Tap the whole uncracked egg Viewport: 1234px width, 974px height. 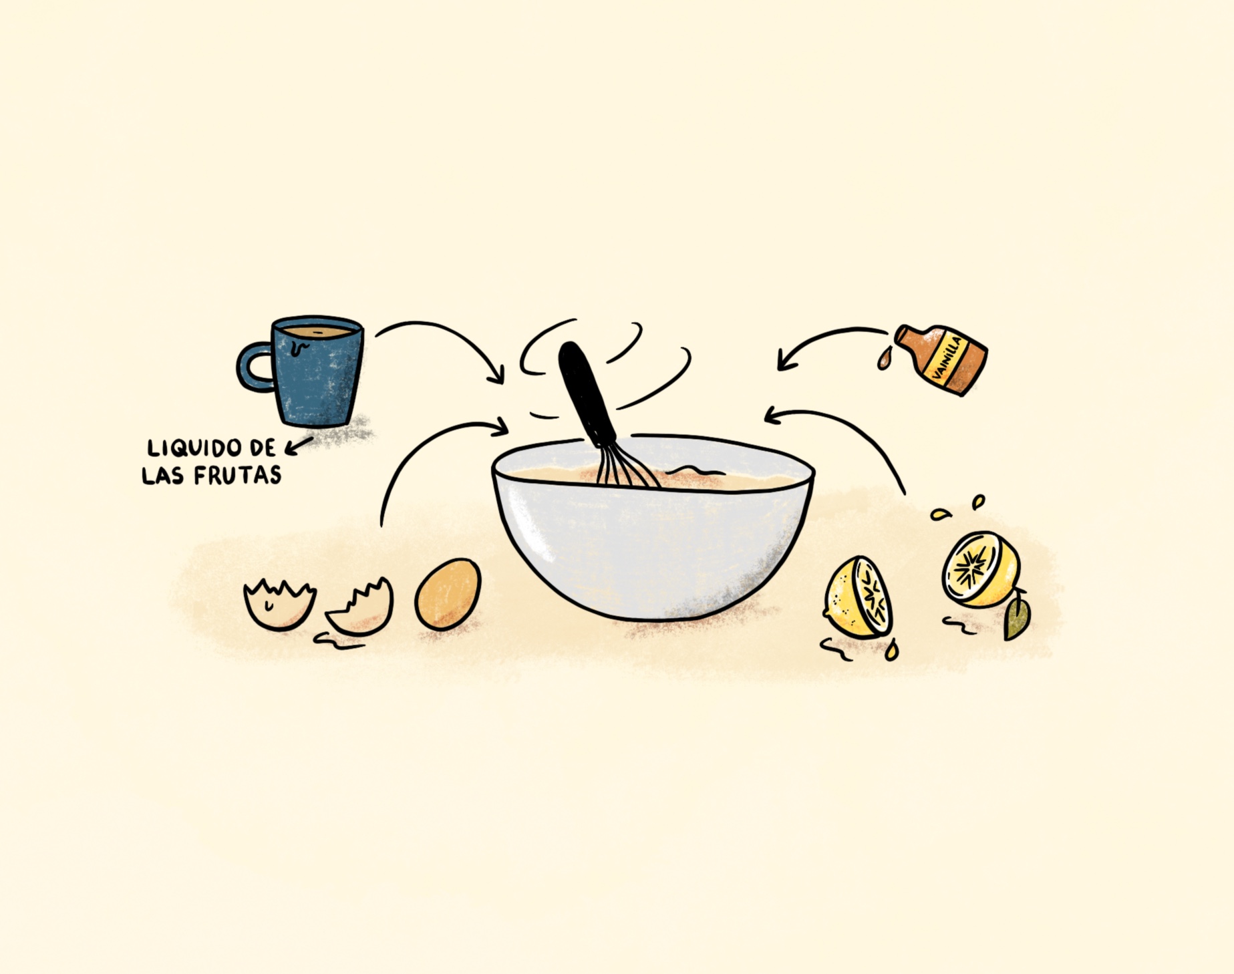pos(448,594)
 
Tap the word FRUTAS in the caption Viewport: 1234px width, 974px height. pos(237,476)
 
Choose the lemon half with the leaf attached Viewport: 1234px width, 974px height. pos(981,569)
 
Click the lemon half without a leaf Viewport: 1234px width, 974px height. pos(859,597)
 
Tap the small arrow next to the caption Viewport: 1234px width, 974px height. pos(299,446)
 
